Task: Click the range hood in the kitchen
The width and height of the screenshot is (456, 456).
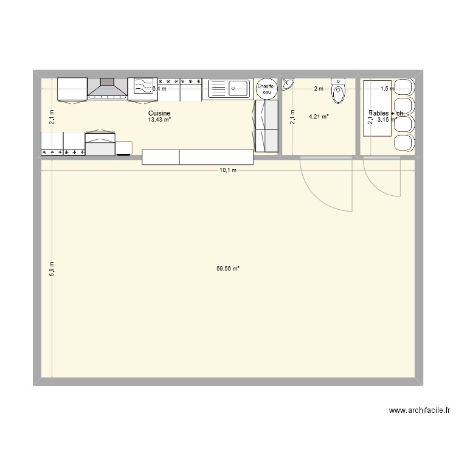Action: point(108,88)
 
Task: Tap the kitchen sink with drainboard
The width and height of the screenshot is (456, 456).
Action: point(227,89)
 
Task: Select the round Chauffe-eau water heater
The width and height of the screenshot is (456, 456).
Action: point(266,89)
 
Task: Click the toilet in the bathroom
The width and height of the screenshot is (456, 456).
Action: point(338,91)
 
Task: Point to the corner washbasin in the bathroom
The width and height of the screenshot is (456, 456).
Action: point(288,83)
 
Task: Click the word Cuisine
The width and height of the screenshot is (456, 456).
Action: point(159,113)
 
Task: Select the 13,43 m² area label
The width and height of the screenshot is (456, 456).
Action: point(159,120)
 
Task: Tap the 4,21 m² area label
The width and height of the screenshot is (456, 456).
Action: point(319,117)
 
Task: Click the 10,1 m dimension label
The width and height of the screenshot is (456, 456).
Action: point(228,170)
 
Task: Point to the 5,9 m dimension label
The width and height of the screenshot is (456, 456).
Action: point(52,269)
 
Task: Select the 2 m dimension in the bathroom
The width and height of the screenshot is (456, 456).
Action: point(319,89)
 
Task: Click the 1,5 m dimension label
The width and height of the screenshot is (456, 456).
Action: point(387,89)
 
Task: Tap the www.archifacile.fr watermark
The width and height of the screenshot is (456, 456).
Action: point(419,411)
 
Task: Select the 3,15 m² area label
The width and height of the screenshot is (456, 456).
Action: point(387,120)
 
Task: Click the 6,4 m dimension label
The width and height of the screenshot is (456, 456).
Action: point(159,89)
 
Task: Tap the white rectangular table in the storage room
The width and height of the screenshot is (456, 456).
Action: point(377,108)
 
